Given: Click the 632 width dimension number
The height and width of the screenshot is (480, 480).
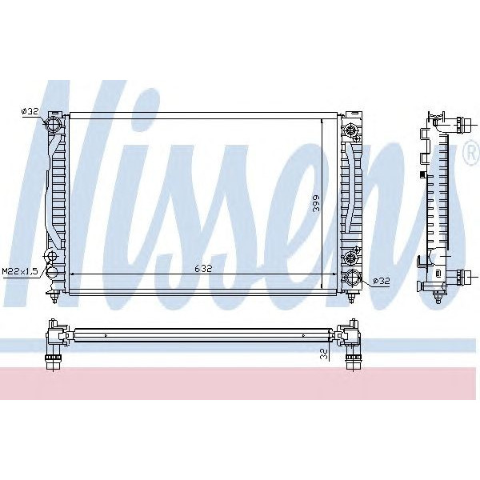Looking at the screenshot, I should (x=202, y=269).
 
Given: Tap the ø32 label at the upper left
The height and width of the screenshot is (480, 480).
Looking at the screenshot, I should (x=30, y=112).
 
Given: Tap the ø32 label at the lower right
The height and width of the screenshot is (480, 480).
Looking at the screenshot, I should (x=382, y=281).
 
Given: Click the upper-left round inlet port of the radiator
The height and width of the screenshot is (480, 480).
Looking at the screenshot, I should (x=54, y=126).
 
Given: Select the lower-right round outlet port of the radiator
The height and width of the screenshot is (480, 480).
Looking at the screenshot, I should (x=353, y=279).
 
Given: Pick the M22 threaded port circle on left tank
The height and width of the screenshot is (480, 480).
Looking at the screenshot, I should (x=52, y=257).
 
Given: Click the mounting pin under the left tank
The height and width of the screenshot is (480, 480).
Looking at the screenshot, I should (x=54, y=299).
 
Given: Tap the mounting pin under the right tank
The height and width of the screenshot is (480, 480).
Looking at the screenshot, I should (x=351, y=299).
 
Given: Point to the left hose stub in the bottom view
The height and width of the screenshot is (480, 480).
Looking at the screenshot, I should (x=54, y=359).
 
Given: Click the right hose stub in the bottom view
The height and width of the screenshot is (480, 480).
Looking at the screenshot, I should (x=351, y=359).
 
